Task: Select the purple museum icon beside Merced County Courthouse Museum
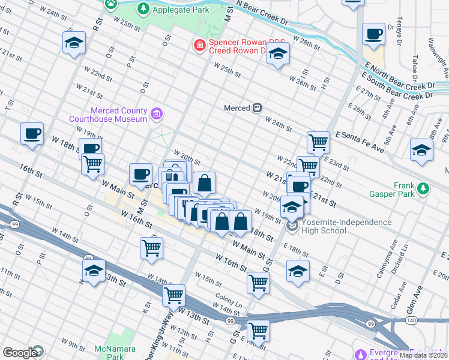click(157, 112)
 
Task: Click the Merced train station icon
click(256, 107)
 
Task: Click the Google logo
click(20, 353)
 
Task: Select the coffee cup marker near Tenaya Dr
click(373, 34)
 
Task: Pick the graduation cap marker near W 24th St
click(74, 43)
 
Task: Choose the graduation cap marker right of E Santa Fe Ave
click(421, 150)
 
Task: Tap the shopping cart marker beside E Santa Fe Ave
click(318, 143)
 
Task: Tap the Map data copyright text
click(424, 355)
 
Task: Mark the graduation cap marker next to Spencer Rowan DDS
click(278, 54)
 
